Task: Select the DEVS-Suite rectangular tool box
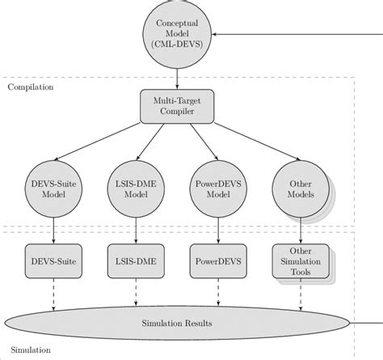tap(53, 262)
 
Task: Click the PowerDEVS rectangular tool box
tap(216, 262)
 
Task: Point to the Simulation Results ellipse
tap(176, 323)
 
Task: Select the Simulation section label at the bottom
tap(31, 350)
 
